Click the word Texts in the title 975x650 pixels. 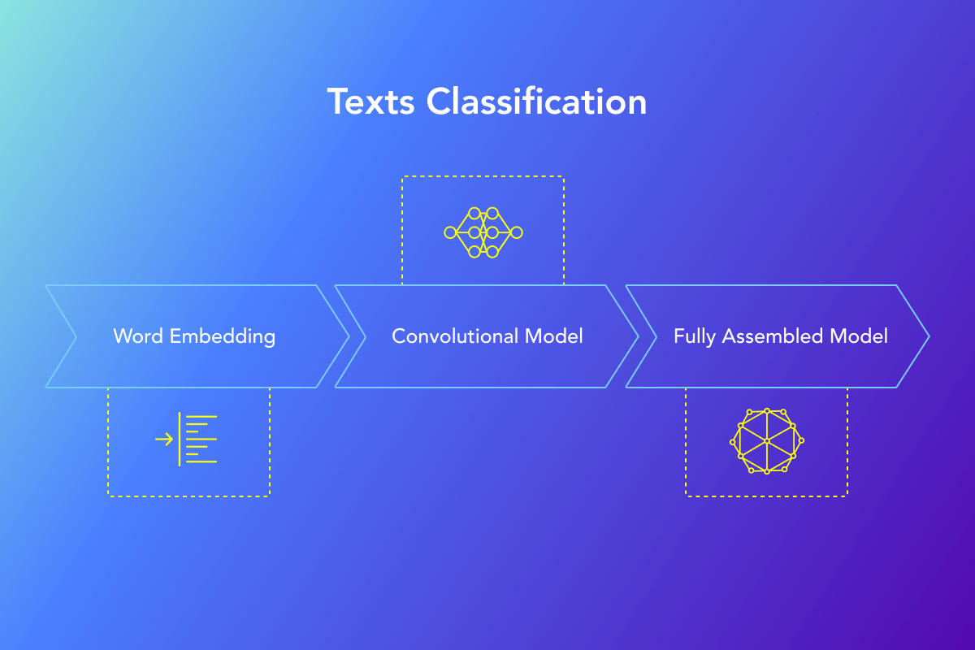(370, 102)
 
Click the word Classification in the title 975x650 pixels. (536, 101)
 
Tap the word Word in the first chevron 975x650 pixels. (138, 336)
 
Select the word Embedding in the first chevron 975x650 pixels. (223, 337)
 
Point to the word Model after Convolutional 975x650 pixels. (553, 336)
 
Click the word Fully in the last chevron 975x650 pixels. (694, 337)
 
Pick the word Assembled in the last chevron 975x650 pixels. (773, 336)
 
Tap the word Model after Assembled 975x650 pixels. (859, 336)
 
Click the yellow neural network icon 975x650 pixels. (483, 232)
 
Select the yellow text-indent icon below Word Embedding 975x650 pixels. (186, 439)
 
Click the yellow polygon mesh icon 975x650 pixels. (767, 441)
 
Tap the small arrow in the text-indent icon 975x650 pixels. (164, 440)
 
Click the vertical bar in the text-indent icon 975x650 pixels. (180, 439)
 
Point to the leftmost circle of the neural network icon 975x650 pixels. (450, 232)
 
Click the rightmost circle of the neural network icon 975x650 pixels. (517, 232)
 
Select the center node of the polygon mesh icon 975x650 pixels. (767, 441)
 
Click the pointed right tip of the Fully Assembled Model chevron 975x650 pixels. (929, 336)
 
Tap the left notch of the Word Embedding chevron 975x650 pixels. (76, 336)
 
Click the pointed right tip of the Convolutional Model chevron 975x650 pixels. (639, 336)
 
